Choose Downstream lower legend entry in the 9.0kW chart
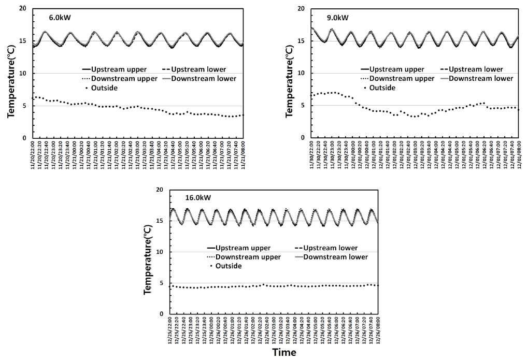pos(479,78)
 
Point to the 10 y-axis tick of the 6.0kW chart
pos(23,73)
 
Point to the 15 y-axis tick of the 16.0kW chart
pos(160,221)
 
